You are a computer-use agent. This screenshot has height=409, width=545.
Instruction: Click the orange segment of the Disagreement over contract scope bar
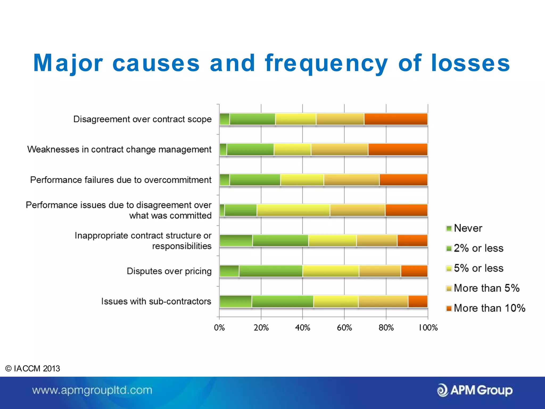(x=396, y=119)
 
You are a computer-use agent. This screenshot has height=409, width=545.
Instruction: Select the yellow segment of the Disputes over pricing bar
(x=331, y=271)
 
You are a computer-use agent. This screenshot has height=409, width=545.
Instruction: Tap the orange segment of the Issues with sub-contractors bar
(x=418, y=301)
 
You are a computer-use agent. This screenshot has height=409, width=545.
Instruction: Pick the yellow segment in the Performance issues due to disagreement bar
(x=293, y=210)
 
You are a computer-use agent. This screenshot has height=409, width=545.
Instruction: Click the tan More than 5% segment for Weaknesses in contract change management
(x=340, y=149)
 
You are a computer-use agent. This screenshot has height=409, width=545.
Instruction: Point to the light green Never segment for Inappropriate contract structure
(x=236, y=240)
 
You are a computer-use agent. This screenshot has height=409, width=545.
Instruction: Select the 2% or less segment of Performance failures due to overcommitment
(x=255, y=180)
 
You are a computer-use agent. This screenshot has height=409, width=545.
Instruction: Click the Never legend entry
(x=464, y=228)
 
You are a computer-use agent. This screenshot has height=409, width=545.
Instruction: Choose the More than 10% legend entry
(x=486, y=308)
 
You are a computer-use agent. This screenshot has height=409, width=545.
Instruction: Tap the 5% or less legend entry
(x=475, y=268)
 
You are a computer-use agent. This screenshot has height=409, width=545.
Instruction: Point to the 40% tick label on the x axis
(x=303, y=328)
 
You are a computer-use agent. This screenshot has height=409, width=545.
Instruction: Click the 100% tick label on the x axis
(x=428, y=328)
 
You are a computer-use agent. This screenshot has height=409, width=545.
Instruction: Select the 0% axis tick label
(x=219, y=328)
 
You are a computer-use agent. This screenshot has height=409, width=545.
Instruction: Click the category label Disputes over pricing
(x=169, y=271)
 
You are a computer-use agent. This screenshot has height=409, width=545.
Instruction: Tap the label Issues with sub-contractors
(x=156, y=301)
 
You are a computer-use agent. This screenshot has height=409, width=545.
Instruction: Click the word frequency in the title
(x=326, y=63)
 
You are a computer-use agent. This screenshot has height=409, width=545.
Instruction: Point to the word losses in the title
(x=470, y=63)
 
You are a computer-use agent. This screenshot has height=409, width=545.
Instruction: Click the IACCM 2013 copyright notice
(x=33, y=369)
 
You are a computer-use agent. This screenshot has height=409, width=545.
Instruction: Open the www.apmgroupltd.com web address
(x=92, y=390)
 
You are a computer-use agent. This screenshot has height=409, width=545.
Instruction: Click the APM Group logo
(x=475, y=390)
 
